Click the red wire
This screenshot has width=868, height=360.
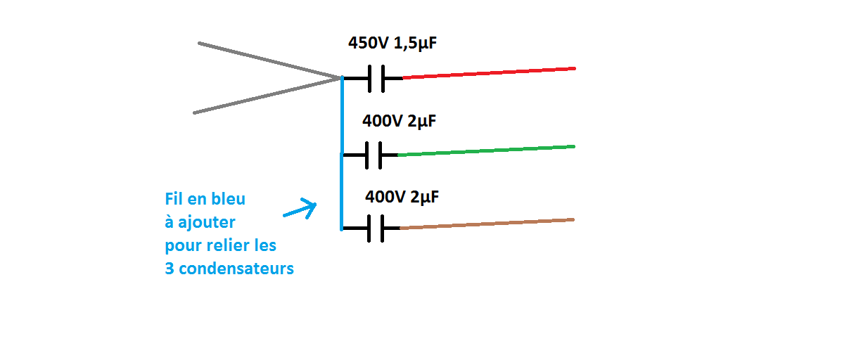(489, 73)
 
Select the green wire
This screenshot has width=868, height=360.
(485, 150)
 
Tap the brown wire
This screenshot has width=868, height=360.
(487, 224)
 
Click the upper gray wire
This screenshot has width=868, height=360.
(267, 60)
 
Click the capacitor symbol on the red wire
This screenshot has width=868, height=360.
(376, 78)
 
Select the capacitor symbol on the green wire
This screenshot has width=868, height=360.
(373, 155)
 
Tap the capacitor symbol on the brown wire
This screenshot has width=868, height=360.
(375, 229)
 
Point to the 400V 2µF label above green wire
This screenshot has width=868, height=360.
(399, 121)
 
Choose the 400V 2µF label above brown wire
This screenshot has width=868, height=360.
(402, 197)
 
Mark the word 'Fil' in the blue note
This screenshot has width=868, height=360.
(173, 199)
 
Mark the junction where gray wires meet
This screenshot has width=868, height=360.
(341, 78)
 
